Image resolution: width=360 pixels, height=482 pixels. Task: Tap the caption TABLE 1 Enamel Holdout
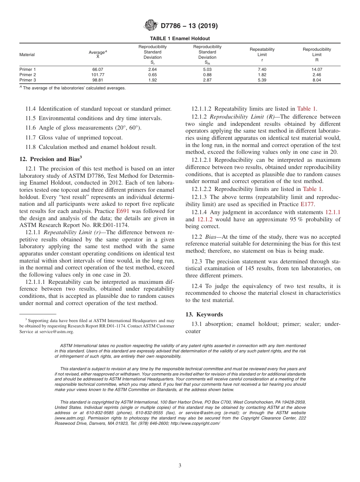pos(180,39)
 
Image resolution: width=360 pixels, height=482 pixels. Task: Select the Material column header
pos(27,55)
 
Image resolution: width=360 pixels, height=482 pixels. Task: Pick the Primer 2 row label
pos(28,75)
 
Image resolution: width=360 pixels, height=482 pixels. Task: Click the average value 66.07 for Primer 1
pos(98,69)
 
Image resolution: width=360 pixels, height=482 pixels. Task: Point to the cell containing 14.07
pos(316,69)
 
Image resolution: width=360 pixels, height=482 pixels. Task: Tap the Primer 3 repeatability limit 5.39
pos(262,80)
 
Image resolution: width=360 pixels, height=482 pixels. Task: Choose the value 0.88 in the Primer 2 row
pos(207,75)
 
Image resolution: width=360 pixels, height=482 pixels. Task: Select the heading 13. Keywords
pos(204,315)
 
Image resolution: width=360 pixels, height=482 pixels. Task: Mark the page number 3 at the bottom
pos(180,465)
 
